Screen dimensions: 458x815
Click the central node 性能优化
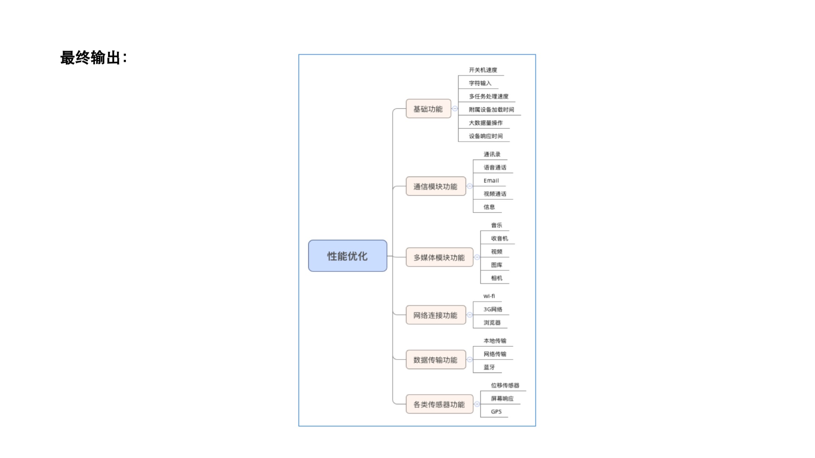pyautogui.click(x=347, y=256)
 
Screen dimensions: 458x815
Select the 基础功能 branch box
pyautogui.click(x=428, y=109)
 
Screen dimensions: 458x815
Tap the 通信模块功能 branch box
pyautogui.click(x=435, y=186)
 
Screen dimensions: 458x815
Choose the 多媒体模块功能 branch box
pyautogui.click(x=439, y=257)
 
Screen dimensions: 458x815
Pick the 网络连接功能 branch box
pyautogui.click(x=435, y=315)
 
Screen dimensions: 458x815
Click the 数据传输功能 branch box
pyautogui.click(x=435, y=360)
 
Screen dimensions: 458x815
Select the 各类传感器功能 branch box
pyautogui.click(x=439, y=404)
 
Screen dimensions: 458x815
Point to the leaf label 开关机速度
pyautogui.click(x=483, y=70)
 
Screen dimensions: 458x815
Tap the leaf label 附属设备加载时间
pyautogui.click(x=491, y=110)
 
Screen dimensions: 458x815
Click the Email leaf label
pyautogui.click(x=491, y=180)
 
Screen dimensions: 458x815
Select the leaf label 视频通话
pyautogui.click(x=495, y=194)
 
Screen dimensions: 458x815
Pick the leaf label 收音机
pyautogui.click(x=499, y=238)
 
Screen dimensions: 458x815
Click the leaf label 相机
pyautogui.click(x=496, y=278)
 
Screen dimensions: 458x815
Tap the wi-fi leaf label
pyautogui.click(x=489, y=296)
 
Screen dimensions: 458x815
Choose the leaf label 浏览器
pyautogui.click(x=492, y=323)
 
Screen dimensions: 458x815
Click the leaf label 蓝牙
pyautogui.click(x=489, y=367)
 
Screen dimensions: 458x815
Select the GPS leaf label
pyautogui.click(x=496, y=411)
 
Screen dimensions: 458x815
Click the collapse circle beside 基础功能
pyautogui.click(x=455, y=109)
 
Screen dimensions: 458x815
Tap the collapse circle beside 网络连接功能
pyautogui.click(x=470, y=315)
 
